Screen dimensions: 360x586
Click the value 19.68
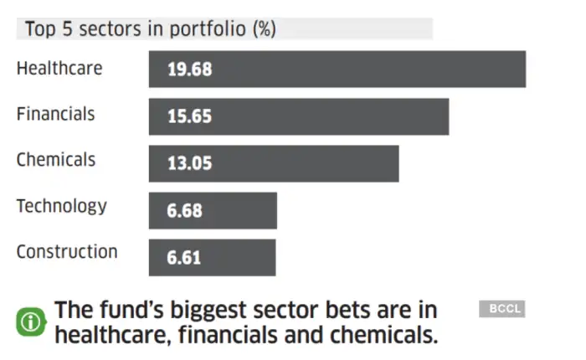click(189, 69)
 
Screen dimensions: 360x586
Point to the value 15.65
click(189, 117)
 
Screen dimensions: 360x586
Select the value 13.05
click(189, 164)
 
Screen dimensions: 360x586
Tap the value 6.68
click(184, 211)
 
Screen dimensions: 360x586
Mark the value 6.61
click(184, 258)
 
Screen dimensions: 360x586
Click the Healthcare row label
click(59, 68)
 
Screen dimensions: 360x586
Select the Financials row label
click(56, 114)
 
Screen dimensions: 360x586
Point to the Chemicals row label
click(56, 159)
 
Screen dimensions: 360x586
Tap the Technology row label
click(62, 206)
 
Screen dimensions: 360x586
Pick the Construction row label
click(67, 251)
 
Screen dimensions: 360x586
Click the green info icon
click(31, 322)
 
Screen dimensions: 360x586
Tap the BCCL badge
click(501, 309)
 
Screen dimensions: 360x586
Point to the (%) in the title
click(265, 29)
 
